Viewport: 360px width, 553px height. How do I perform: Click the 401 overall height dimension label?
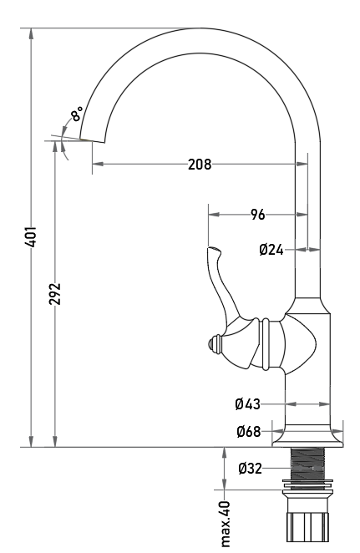point(32,236)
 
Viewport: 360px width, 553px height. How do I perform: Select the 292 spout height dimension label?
point(55,294)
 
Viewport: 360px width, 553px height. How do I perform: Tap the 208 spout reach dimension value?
point(200,165)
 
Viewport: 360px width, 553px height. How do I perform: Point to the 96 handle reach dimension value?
point(258,215)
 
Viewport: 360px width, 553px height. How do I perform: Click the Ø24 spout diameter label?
point(271,250)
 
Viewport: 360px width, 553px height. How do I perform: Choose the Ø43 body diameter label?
point(247,403)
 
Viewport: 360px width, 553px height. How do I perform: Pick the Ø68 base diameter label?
point(249,431)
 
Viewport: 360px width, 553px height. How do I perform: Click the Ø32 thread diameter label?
point(251,469)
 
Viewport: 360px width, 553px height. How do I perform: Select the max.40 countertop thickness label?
point(225,524)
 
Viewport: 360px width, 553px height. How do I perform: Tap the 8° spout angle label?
point(77,114)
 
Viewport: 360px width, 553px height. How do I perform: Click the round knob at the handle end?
point(214,344)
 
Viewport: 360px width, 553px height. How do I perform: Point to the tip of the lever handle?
point(209,248)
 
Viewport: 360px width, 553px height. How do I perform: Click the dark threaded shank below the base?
point(307,464)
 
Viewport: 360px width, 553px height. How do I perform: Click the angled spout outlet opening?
point(93,140)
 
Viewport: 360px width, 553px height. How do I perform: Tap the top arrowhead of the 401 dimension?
point(32,33)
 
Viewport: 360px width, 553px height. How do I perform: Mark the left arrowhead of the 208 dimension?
point(98,164)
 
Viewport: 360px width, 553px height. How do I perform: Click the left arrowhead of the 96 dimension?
point(214,215)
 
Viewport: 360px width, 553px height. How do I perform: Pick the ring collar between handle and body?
point(266,344)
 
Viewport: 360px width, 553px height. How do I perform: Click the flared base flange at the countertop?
point(307,435)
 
